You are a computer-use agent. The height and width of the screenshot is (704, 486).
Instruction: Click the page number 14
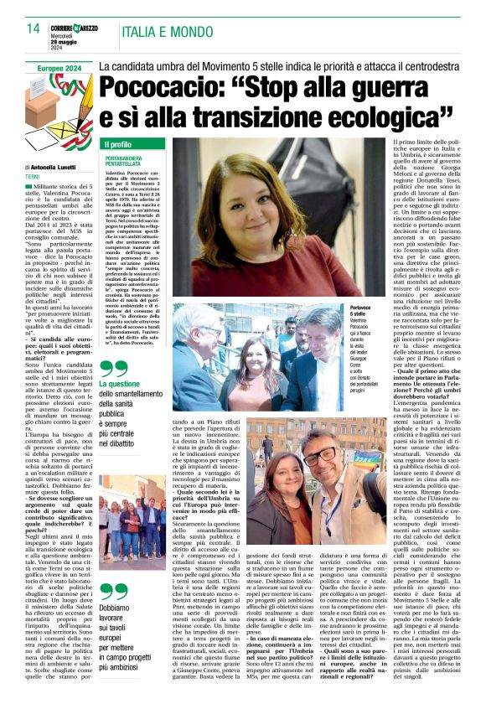click(33, 28)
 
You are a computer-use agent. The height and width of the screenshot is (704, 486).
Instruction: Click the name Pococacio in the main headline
click(163, 87)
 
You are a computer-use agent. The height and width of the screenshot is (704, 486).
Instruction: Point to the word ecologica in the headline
click(385, 115)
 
